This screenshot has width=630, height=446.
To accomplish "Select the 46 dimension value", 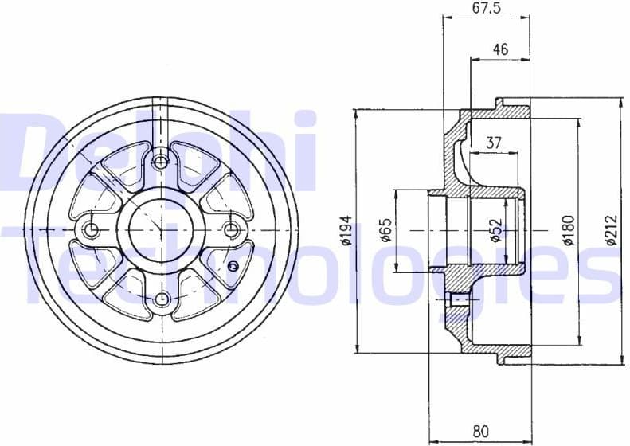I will pyautogui.click(x=500, y=49).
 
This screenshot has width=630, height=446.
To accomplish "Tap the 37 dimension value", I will pyautogui.click(x=493, y=143).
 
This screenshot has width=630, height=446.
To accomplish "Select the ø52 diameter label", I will pyautogui.click(x=495, y=231).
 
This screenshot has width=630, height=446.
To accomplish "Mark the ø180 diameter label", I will pyautogui.click(x=568, y=230).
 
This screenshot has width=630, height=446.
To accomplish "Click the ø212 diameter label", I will pyautogui.click(x=611, y=230).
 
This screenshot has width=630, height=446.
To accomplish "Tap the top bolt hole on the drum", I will pyautogui.click(x=162, y=162).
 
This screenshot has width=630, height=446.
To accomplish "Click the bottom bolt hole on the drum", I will pyautogui.click(x=162, y=299).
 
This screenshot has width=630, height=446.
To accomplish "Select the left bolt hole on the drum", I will pyautogui.click(x=92, y=230).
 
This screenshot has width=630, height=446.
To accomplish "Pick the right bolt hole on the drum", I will pyautogui.click(x=232, y=230).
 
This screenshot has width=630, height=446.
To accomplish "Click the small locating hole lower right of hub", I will pyautogui.click(x=233, y=265).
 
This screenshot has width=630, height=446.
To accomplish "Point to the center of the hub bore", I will pyautogui.click(x=162, y=230).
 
